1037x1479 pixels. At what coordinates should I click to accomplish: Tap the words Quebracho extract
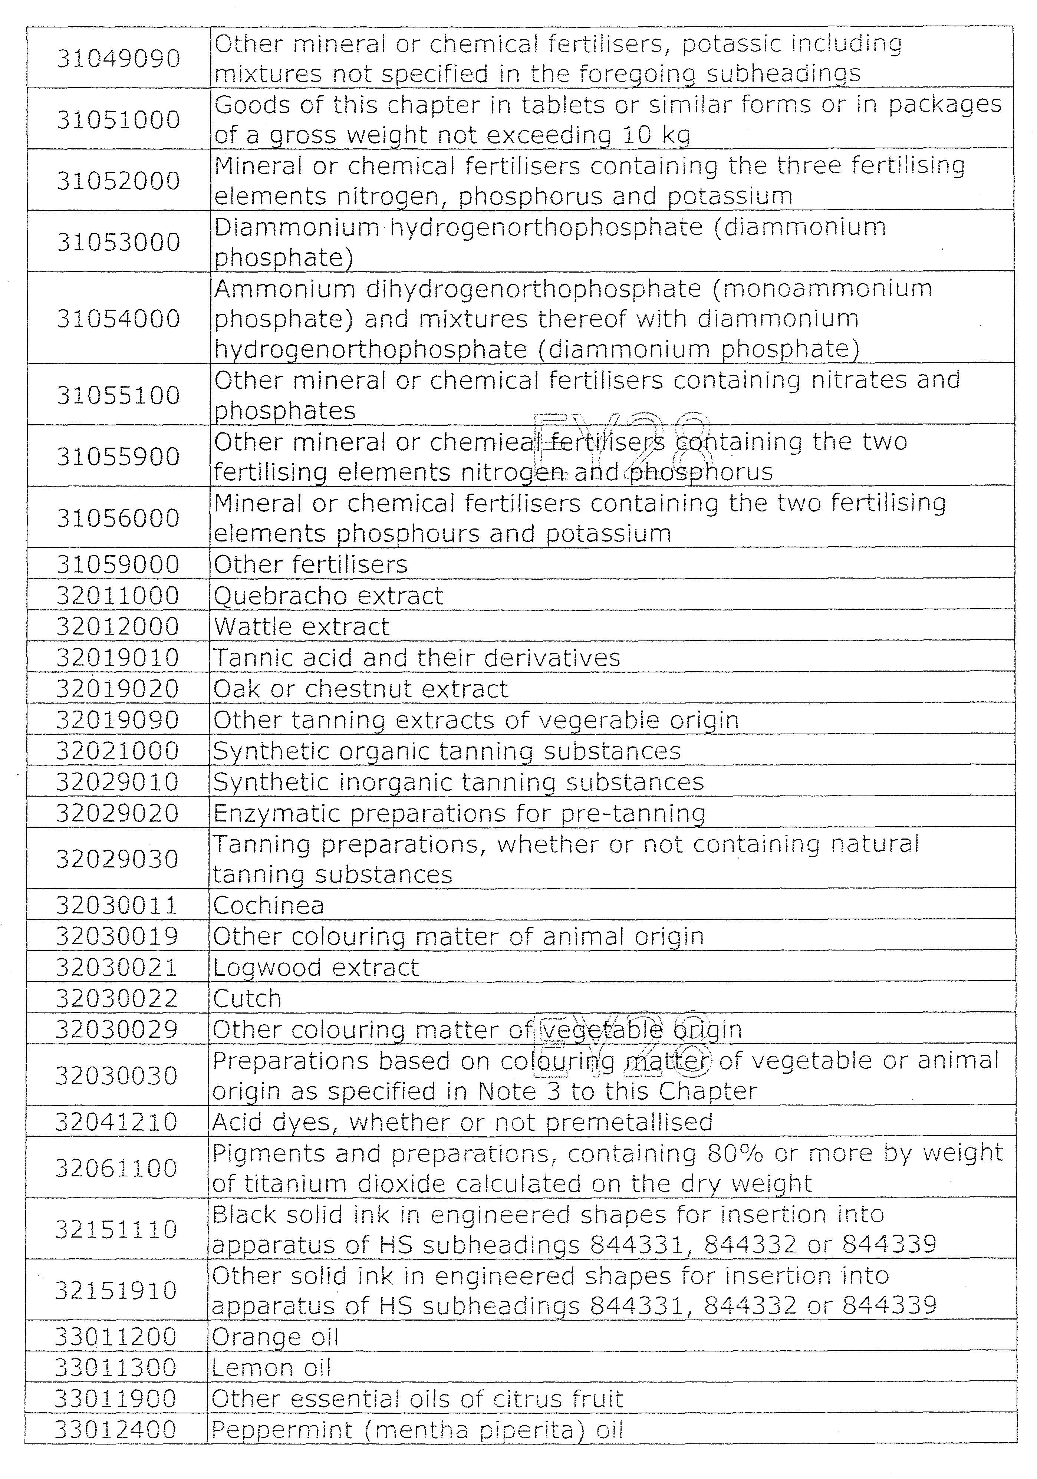328,596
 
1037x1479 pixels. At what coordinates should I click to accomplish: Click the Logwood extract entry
316,968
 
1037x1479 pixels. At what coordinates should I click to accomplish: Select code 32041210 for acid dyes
116,1122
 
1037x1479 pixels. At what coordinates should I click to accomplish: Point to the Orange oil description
275,1337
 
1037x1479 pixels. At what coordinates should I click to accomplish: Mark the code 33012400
115,1430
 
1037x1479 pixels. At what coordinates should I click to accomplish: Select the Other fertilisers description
310,565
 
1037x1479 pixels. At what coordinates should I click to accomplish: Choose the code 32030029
116,1030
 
